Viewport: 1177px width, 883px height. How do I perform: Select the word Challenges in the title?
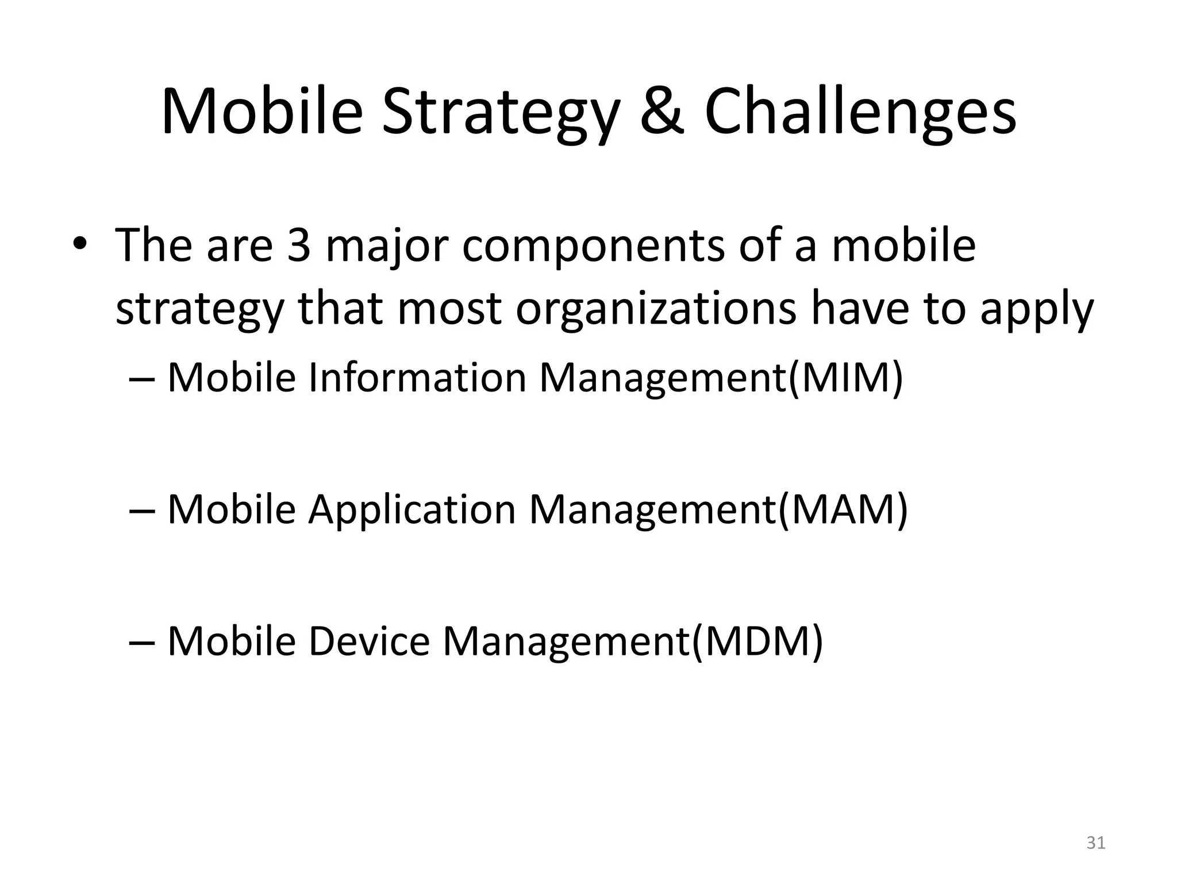point(860,112)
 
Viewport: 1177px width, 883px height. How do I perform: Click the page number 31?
point(1096,843)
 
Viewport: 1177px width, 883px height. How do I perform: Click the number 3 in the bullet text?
point(298,245)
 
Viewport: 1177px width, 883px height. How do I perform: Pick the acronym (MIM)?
point(845,378)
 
